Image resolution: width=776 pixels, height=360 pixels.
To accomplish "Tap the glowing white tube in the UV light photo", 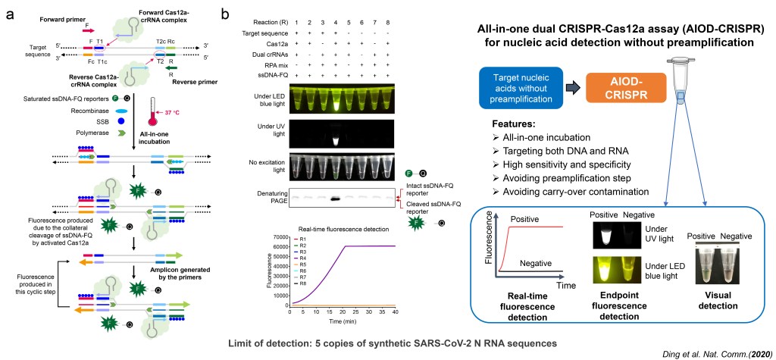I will tap(334, 136).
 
